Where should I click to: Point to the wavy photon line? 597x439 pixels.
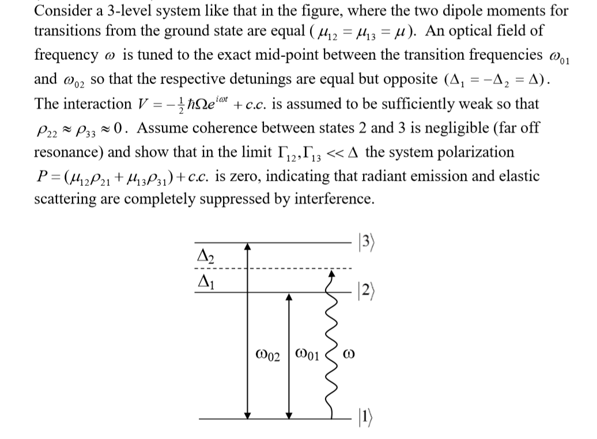331,345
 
